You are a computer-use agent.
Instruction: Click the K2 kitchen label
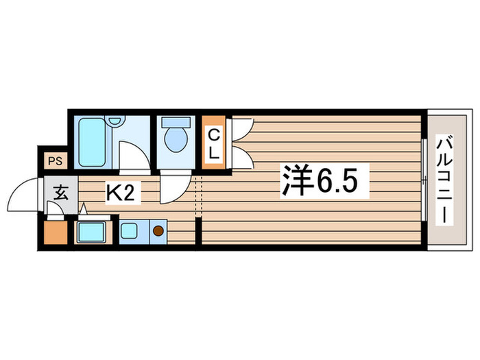pos(123,195)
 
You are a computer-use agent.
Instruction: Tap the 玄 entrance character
pos(60,193)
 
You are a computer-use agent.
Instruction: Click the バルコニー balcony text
pos(442,180)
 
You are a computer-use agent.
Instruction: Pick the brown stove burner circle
pos(158,231)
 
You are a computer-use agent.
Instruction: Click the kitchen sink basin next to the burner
pos(130,231)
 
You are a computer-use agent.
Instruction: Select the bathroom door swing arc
pos(132,154)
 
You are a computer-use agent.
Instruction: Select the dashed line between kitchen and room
pos(199,195)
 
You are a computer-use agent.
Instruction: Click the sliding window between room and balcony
pos(424,180)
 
